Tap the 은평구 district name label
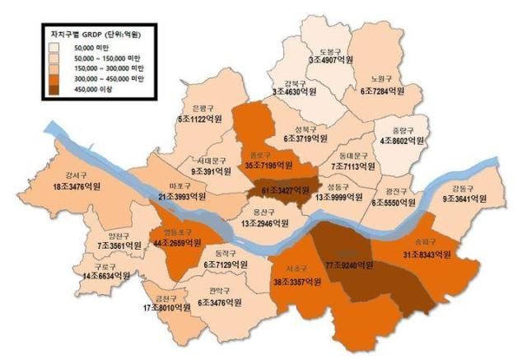pos(205,109)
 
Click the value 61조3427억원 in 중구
pos(284,191)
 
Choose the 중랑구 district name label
pos(401,129)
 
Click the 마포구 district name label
pos(180,185)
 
